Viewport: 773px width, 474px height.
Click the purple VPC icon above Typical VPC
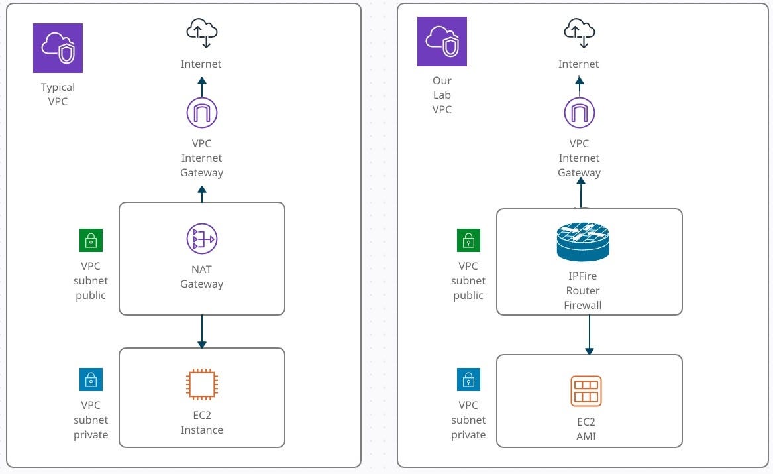pos(58,48)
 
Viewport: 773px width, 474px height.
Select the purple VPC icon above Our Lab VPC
pos(442,42)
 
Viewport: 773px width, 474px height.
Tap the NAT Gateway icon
pos(202,239)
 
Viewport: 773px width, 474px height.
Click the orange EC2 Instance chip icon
pos(202,385)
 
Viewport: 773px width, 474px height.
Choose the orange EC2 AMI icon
pos(586,391)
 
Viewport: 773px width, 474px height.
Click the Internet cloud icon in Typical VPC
pos(202,33)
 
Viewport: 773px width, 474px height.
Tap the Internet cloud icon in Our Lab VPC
pos(579,33)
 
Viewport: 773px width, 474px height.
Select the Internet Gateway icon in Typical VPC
pos(202,113)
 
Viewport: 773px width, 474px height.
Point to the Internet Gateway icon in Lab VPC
pos(580,113)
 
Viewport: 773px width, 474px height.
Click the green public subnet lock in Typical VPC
pos(91,241)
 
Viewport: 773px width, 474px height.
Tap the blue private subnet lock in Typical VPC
pos(91,380)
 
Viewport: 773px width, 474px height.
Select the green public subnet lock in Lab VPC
pos(468,241)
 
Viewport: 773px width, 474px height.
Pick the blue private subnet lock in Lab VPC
pos(468,380)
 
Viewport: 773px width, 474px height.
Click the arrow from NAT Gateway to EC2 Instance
pos(202,331)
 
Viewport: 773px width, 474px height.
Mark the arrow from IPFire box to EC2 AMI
pos(589,335)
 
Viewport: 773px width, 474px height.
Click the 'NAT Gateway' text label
pos(202,277)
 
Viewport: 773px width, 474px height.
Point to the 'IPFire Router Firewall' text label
pos(583,290)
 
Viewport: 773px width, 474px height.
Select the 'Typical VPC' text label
pos(58,94)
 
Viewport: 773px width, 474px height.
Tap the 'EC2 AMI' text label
pos(586,429)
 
